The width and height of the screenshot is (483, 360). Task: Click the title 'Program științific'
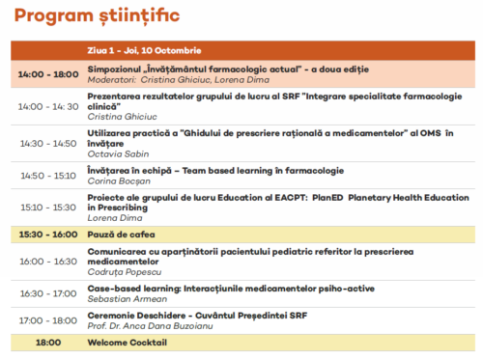[97, 15]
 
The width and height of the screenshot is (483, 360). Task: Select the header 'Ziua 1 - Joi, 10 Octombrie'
[144, 50]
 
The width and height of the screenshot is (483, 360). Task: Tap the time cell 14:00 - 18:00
[48, 74]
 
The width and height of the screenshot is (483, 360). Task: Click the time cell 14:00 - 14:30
[48, 106]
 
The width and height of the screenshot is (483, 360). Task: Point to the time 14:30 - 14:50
[48, 144]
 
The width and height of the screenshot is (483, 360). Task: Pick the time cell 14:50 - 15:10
[48, 176]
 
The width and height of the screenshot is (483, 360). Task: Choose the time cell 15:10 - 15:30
[48, 208]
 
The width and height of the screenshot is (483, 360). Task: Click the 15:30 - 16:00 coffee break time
[48, 235]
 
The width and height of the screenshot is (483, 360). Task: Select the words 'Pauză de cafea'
[121, 235]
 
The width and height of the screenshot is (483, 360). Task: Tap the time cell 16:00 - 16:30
[48, 262]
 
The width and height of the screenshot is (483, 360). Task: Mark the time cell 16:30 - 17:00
[48, 293]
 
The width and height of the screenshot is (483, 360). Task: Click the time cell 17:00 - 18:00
[48, 320]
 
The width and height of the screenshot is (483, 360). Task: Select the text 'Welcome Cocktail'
[128, 343]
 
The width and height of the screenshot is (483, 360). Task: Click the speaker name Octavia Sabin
[118, 154]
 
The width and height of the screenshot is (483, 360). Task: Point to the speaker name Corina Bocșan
[119, 181]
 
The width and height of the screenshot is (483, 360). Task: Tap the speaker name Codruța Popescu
[125, 272]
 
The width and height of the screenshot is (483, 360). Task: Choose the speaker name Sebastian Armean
[128, 299]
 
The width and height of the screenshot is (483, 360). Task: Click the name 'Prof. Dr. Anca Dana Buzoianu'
[150, 326]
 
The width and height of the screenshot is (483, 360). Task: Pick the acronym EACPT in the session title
[291, 198]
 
